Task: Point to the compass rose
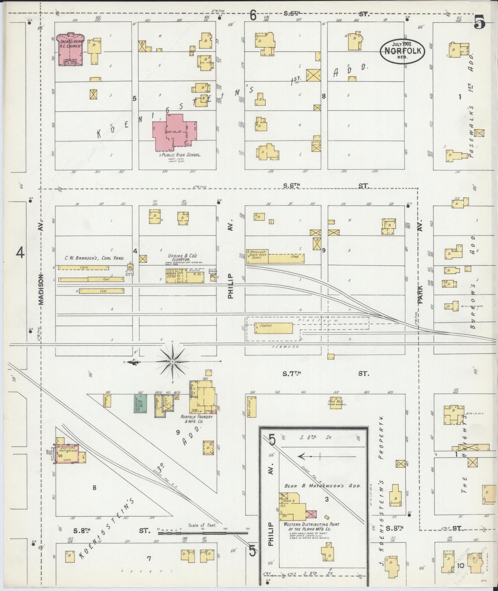click(x=172, y=361)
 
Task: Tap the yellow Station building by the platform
click(x=273, y=328)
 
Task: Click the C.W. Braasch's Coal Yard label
click(x=94, y=258)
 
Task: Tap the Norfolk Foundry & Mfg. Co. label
click(x=196, y=419)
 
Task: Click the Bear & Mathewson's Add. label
click(x=322, y=485)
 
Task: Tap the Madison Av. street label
click(x=41, y=290)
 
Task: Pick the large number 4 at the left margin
click(x=20, y=253)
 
